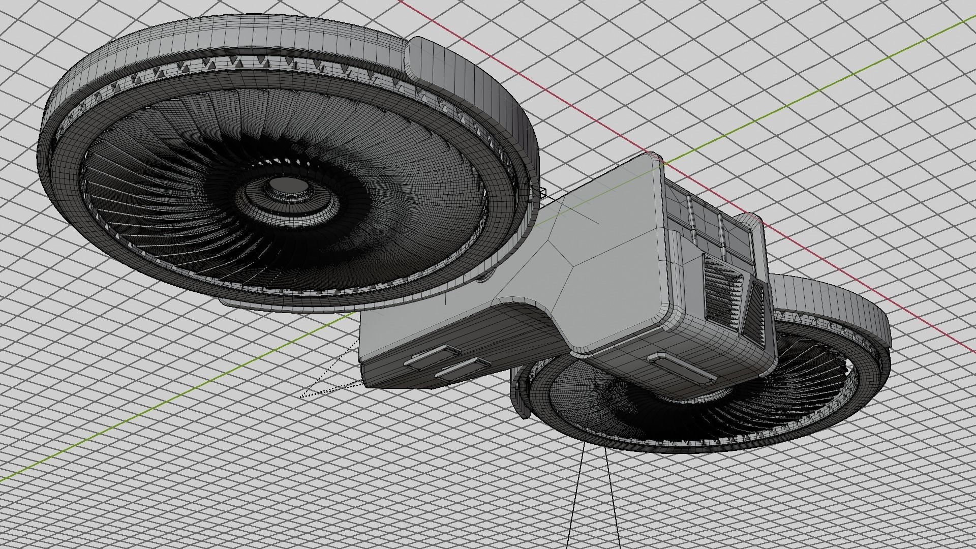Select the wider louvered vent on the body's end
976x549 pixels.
(721, 290)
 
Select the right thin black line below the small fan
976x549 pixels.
(613, 498)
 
